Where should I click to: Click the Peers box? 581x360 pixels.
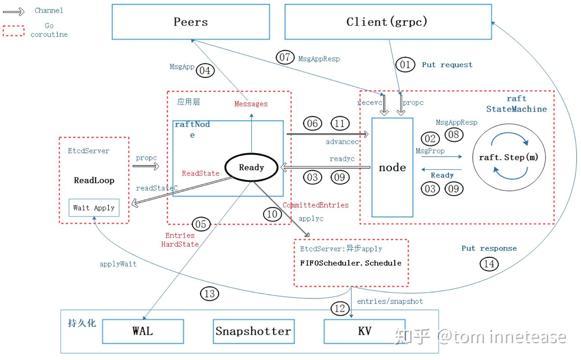click(191, 22)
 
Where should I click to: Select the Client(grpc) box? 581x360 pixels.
click(388, 22)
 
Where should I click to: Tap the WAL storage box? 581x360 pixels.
click(143, 331)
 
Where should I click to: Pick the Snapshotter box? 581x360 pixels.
click(253, 331)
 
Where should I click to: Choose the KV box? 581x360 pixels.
click(365, 331)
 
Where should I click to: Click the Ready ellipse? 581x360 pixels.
click(251, 167)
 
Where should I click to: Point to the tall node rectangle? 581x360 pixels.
click(392, 167)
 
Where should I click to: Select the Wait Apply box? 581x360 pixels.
click(94, 208)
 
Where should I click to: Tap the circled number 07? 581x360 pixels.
click(285, 57)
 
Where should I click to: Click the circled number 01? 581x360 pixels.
click(405, 65)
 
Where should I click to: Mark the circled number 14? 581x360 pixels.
click(489, 264)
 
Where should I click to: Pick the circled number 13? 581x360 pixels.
click(210, 294)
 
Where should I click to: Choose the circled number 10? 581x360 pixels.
click(272, 214)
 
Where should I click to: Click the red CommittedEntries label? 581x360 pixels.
click(316, 205)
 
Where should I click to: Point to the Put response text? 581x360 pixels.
click(489, 248)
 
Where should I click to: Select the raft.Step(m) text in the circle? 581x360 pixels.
click(509, 157)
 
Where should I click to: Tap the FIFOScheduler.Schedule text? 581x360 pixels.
click(351, 263)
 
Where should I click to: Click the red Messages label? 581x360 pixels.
click(251, 104)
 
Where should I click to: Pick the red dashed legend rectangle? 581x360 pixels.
click(14, 31)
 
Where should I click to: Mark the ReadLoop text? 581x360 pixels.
click(94, 180)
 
